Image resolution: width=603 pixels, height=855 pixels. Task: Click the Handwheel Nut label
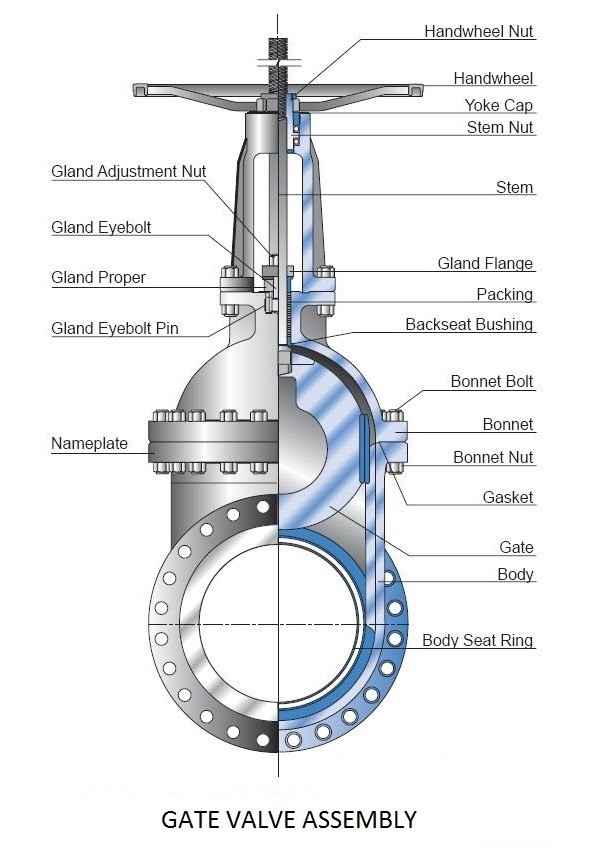tap(479, 31)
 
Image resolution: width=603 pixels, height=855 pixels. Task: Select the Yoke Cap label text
tap(498, 105)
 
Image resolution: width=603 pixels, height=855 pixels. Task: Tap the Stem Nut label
tap(499, 127)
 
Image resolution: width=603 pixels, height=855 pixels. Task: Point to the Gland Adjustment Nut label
tap(129, 171)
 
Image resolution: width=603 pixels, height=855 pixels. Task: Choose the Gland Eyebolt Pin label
tap(114, 328)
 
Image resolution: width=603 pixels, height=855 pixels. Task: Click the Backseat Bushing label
tap(469, 324)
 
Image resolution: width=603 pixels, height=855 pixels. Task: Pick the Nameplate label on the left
tap(89, 443)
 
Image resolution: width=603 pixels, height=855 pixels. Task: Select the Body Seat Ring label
tap(478, 640)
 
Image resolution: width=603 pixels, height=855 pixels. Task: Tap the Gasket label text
tap(508, 497)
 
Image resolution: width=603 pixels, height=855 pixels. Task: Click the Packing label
tap(504, 294)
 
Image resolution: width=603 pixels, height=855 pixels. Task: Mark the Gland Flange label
tap(485, 263)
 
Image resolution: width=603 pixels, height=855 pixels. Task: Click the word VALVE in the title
tap(256, 820)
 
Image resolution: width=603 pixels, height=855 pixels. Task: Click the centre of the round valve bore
tap(278, 623)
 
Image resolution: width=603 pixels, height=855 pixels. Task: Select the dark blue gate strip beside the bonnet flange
tap(364, 448)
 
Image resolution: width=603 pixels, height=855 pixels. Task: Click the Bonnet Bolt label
tap(492, 381)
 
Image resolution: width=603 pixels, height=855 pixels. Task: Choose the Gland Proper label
tap(98, 278)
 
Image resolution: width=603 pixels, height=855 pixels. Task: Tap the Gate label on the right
tap(516, 547)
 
